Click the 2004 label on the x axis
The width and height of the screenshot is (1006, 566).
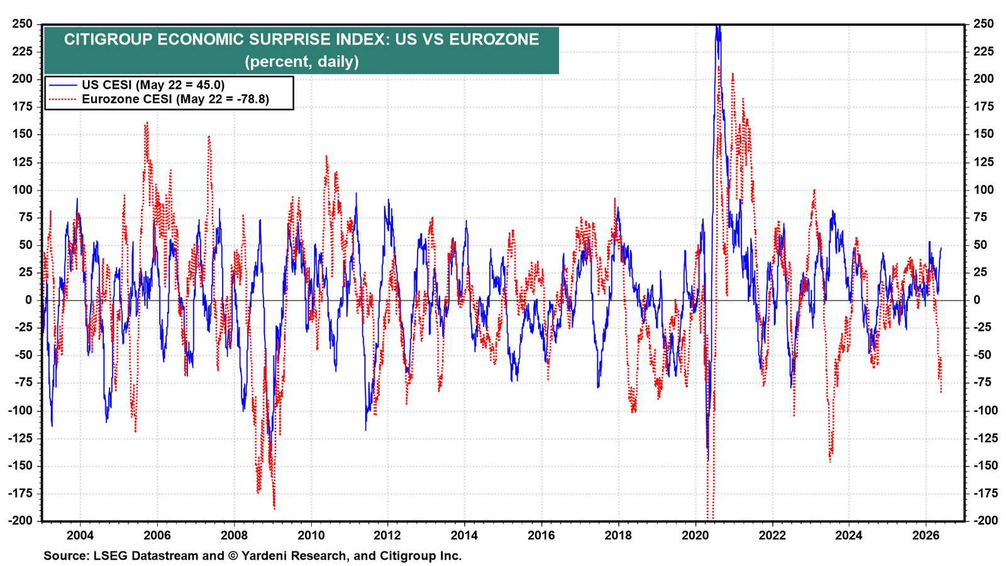point(80,535)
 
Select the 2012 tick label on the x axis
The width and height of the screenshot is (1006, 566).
point(387,535)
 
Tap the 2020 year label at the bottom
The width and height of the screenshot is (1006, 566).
point(695,535)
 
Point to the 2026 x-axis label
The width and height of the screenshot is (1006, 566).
point(926,535)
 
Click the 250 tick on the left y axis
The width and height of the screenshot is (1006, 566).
point(23,24)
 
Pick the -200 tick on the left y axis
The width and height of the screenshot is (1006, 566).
point(20,521)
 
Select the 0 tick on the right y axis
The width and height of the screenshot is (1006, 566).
point(977,300)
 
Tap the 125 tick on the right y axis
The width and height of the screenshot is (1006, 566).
point(983,162)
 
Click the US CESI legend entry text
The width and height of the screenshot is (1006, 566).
point(153,85)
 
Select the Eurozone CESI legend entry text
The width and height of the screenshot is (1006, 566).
point(175,99)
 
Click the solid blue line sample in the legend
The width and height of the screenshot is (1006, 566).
point(63,85)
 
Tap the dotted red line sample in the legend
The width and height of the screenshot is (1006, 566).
point(63,99)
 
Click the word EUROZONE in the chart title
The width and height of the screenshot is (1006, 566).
point(494,40)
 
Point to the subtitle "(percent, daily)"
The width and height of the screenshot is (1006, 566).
point(302,61)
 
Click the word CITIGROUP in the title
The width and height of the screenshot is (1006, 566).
point(108,40)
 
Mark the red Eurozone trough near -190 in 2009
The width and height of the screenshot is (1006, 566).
point(274,508)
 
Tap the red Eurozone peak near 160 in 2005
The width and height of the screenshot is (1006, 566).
point(146,123)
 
